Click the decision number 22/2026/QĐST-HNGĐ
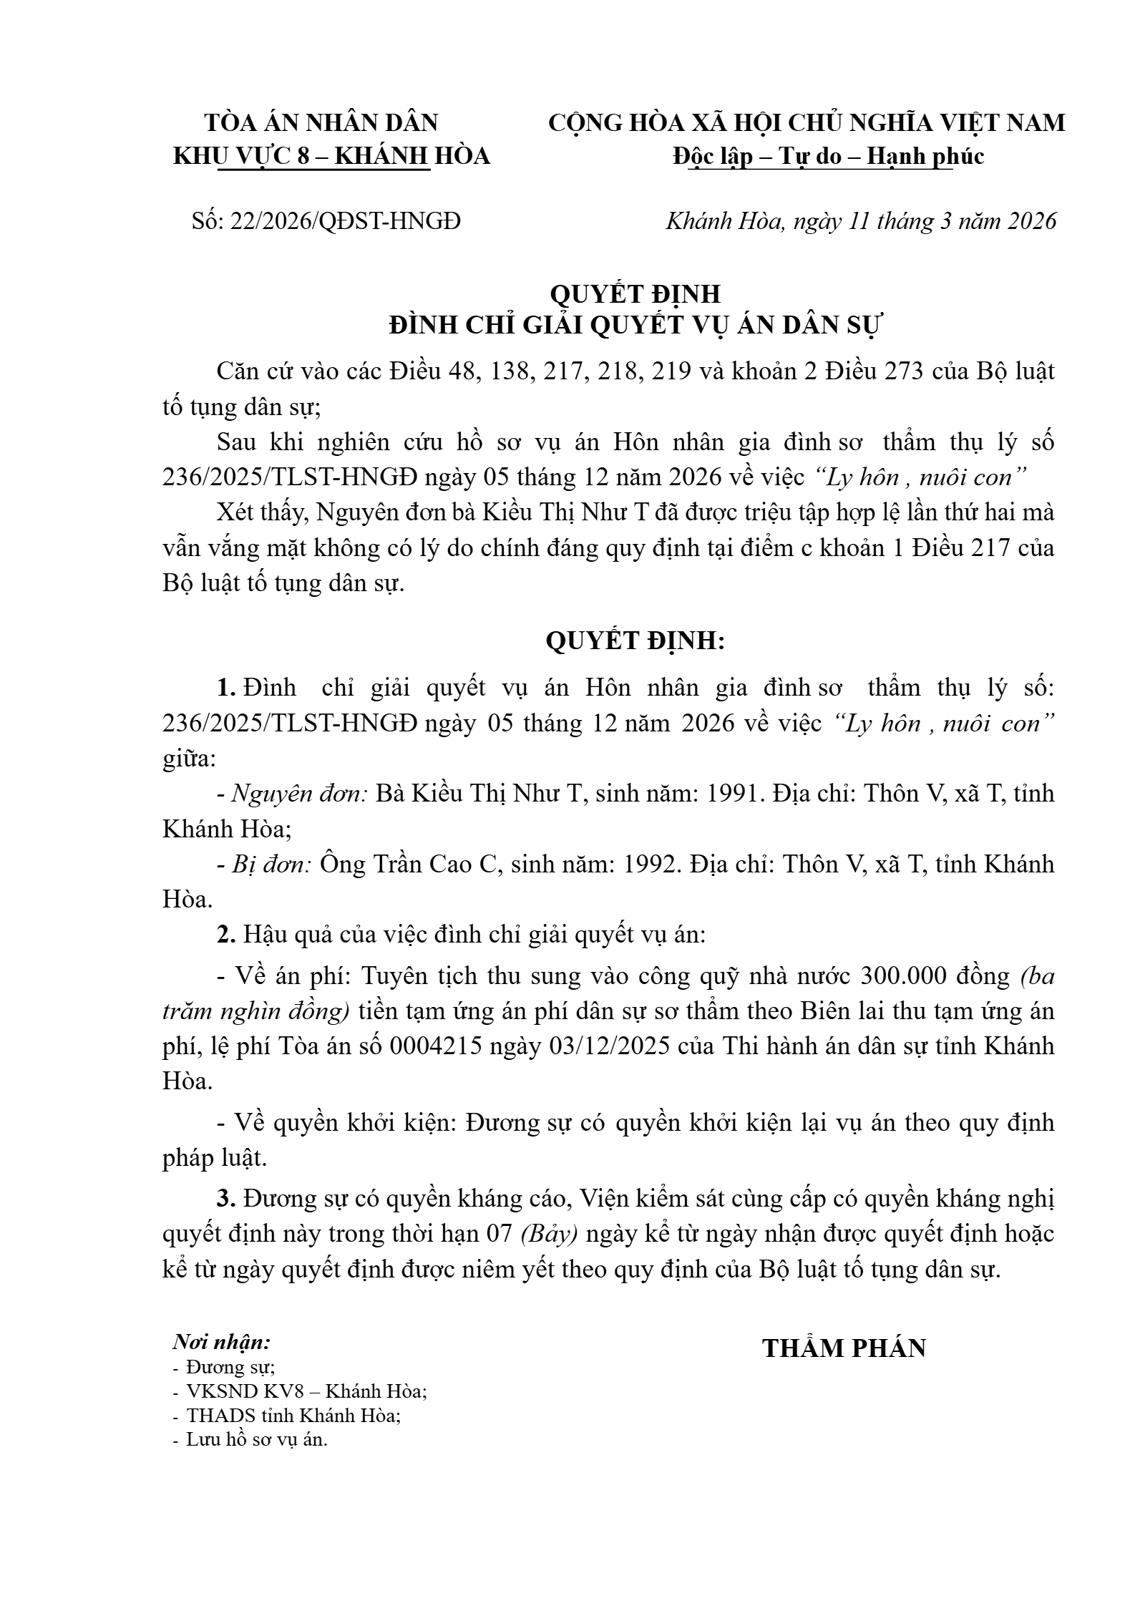click(344, 222)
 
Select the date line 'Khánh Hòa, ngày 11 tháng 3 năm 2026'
click(861, 221)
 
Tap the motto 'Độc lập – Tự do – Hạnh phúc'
click(828, 156)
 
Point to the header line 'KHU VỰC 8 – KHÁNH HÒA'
click(331, 156)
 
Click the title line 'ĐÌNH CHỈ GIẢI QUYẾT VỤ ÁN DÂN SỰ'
click(636, 326)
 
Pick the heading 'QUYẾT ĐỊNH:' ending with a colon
click(635, 641)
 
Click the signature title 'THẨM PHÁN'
click(844, 1348)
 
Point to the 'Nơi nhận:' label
click(222, 1341)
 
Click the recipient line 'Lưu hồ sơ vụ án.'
click(257, 1439)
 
